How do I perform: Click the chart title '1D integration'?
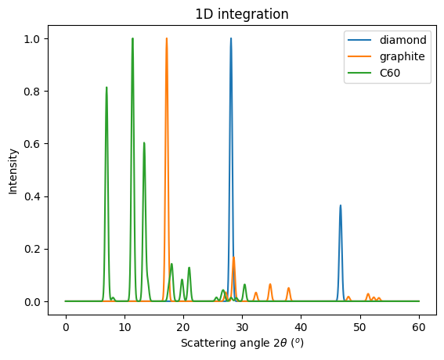point(242,13)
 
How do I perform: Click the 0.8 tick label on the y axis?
point(42,92)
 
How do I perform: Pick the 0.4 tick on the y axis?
point(42,196)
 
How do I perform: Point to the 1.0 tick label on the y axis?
point(42,38)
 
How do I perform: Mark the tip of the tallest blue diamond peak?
point(231,38)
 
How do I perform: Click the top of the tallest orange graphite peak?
point(166,38)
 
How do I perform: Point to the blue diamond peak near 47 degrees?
point(341,206)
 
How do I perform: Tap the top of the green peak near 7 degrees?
point(106,88)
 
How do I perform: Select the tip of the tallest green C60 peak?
point(132,38)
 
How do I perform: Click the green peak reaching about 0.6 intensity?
point(144,142)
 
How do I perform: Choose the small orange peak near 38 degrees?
point(289,288)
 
